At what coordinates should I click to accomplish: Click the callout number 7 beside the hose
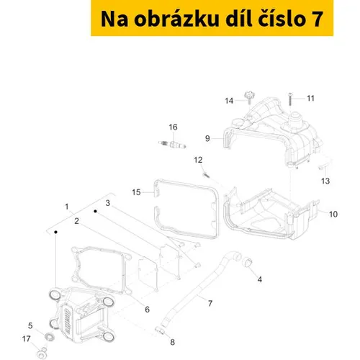click(x=210, y=303)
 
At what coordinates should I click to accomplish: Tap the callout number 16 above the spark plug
click(x=173, y=127)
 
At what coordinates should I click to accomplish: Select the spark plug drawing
click(x=172, y=145)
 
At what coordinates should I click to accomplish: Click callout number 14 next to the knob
click(x=229, y=101)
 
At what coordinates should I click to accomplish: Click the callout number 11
click(x=310, y=98)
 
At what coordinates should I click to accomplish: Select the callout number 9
click(x=207, y=138)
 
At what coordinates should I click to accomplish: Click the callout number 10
click(x=333, y=214)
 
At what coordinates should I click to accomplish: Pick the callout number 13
click(x=325, y=181)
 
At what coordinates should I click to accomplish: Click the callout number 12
click(x=198, y=160)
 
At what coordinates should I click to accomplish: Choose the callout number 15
click(x=136, y=192)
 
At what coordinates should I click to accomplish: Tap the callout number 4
click(x=260, y=279)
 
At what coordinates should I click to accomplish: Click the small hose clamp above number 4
click(x=248, y=262)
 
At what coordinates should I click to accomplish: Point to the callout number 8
click(x=172, y=342)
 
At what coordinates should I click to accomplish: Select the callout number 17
click(x=26, y=339)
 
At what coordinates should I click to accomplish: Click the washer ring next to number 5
click(x=50, y=336)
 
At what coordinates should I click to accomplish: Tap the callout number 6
click(x=147, y=310)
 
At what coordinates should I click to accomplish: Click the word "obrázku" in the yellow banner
click(x=176, y=19)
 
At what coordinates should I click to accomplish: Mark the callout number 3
click(x=108, y=203)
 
